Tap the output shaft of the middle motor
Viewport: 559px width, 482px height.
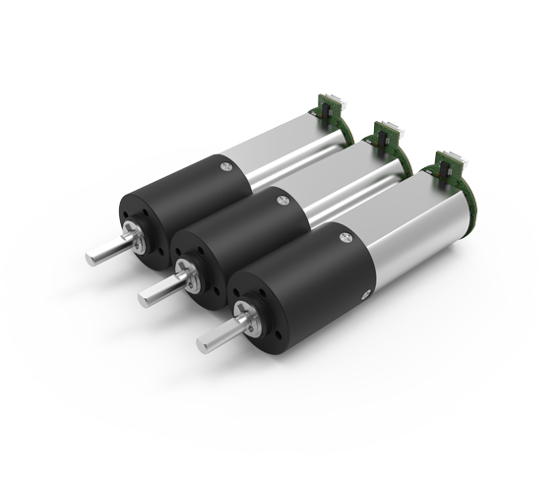click(x=160, y=286)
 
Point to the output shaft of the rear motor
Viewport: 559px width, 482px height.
click(x=102, y=252)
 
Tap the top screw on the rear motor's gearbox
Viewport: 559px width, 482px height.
click(x=226, y=168)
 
